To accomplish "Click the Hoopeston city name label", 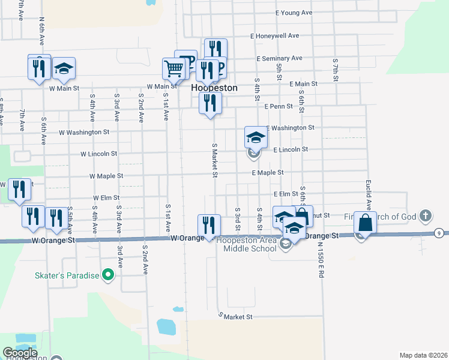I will (214, 88).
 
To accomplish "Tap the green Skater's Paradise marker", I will (108, 275).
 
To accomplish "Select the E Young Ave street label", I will (294, 13).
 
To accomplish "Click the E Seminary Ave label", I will (279, 59).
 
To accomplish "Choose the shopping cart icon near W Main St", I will (173, 68).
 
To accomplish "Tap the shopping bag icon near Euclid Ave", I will (364, 223).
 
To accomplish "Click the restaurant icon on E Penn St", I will (211, 103).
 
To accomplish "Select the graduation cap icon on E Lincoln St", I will (256, 138).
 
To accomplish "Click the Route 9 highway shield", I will (440, 233).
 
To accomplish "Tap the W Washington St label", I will (84, 132).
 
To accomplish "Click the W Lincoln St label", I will (99, 154).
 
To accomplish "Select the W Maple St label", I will (106, 176).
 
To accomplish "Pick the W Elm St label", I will (106, 197).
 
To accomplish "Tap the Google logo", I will (19, 353).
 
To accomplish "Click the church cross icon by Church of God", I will (426, 215).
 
